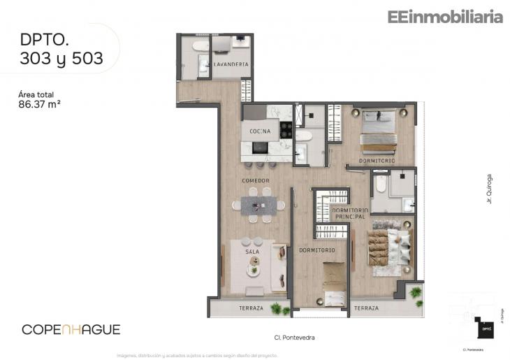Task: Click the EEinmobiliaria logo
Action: click(x=445, y=17)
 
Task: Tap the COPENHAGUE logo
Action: click(x=71, y=329)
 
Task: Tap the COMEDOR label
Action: click(x=256, y=181)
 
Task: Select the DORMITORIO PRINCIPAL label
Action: click(x=349, y=214)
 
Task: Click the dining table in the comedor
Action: click(x=258, y=204)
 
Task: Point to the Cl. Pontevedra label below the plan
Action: click(x=293, y=338)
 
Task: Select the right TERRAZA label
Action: click(x=366, y=308)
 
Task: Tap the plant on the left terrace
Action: click(x=280, y=308)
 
